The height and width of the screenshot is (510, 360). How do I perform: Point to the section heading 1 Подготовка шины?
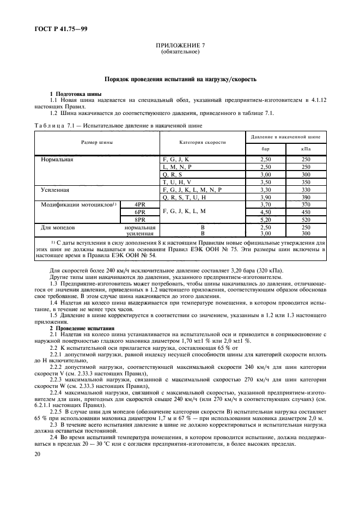coord(76,94)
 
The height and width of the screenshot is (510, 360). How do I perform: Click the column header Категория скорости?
coord(202,142)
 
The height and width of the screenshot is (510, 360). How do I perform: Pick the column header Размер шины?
coord(97,142)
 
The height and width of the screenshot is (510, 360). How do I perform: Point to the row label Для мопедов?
coord(60,227)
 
